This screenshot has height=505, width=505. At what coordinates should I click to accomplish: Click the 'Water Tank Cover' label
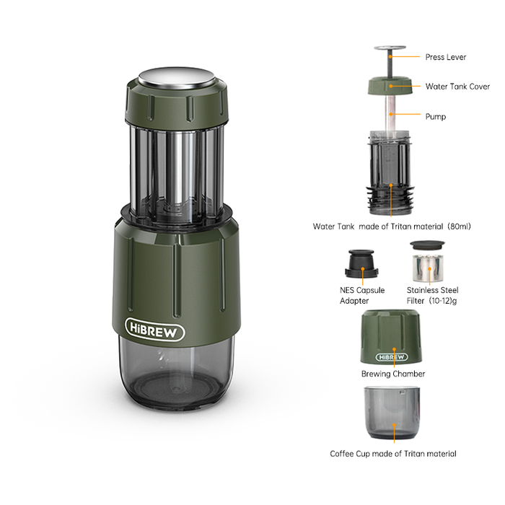tap(457, 86)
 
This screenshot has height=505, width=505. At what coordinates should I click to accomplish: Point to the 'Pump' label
tap(435, 116)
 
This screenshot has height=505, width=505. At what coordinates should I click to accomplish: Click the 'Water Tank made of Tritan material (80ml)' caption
tap(391, 226)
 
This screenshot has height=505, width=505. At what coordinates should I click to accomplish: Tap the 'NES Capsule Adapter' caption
tap(362, 295)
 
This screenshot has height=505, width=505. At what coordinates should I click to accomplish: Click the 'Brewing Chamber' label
tap(392, 374)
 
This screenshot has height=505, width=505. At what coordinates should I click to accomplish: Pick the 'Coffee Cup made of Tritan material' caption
tap(392, 454)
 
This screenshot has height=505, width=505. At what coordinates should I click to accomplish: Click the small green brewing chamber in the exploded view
tap(392, 338)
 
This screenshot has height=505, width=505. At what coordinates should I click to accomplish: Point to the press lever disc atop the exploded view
tap(390, 50)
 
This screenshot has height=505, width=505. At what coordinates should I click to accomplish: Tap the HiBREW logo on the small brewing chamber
tap(392, 357)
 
